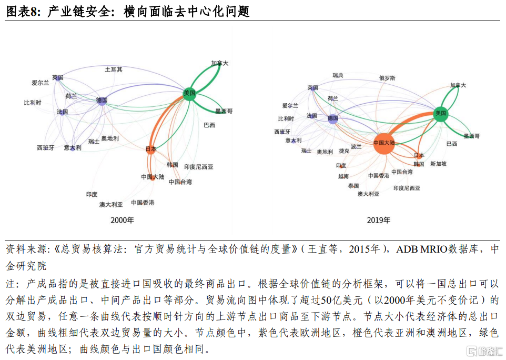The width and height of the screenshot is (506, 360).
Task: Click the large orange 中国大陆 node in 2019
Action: [384, 143]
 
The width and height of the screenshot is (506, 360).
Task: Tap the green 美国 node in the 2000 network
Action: [190, 94]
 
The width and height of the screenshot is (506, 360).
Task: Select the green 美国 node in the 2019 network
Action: [441, 113]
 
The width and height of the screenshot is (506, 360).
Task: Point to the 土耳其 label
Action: [114, 69]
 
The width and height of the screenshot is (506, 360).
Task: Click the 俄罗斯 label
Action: [387, 78]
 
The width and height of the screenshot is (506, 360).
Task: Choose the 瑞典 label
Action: [338, 76]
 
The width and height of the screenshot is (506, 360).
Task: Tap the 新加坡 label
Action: [438, 164]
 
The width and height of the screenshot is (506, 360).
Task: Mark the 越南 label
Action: [343, 176]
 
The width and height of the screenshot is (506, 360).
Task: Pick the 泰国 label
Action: [353, 186]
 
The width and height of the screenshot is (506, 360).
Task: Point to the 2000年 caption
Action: [122, 220]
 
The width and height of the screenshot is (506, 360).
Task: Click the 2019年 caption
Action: [379, 220]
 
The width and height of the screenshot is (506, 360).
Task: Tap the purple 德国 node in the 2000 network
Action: [102, 100]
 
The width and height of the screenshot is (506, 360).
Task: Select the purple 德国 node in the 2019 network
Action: [332, 119]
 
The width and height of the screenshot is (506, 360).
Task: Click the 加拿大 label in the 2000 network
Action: [220, 63]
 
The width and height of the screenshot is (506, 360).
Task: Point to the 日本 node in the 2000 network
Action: [151, 149]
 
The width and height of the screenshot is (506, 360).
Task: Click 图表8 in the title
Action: [22, 11]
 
